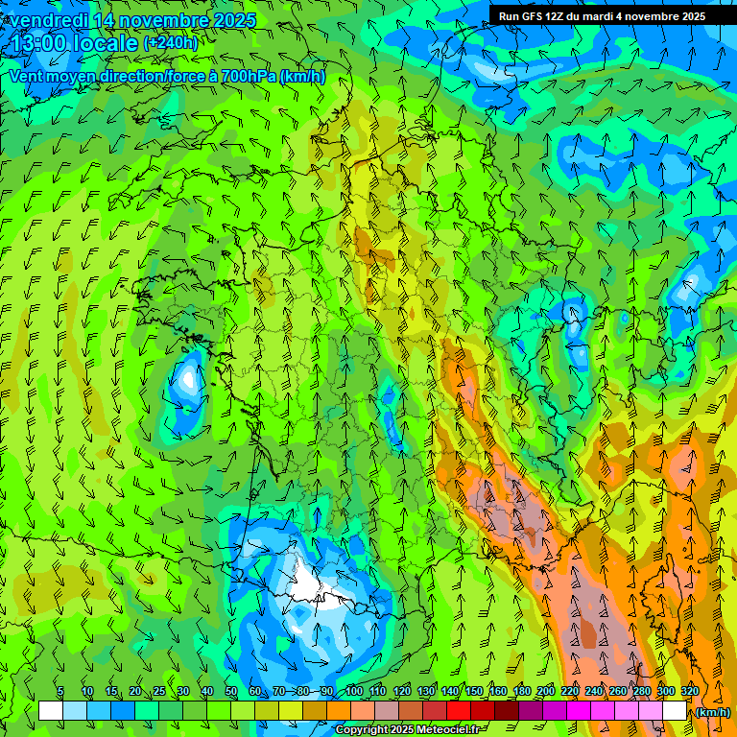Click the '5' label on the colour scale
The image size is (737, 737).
60,691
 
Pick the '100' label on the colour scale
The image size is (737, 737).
353,691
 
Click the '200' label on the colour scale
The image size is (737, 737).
546,691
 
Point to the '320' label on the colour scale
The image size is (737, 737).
690,691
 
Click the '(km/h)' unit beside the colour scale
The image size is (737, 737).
711,712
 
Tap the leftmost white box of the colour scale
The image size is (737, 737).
51,711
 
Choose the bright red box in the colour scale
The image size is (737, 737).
459,711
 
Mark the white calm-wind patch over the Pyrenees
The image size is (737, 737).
317,587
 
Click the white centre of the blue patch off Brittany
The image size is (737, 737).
185,378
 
